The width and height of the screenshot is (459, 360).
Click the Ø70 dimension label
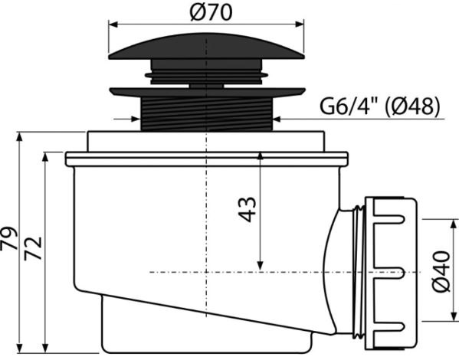[x=211, y=12]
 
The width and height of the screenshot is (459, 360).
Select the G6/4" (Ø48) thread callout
[x=379, y=106]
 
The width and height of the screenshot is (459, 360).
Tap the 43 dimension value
[x=248, y=210]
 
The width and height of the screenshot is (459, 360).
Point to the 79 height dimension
[x=8, y=238]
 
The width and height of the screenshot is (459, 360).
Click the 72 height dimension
[x=33, y=248]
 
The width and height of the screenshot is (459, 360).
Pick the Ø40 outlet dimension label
[x=441, y=271]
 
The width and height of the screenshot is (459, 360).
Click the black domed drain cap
[x=206, y=47]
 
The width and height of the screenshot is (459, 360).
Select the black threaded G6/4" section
[x=207, y=113]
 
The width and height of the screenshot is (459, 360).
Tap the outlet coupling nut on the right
[x=390, y=273]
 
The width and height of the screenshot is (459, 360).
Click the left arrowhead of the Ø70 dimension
[x=113, y=25]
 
